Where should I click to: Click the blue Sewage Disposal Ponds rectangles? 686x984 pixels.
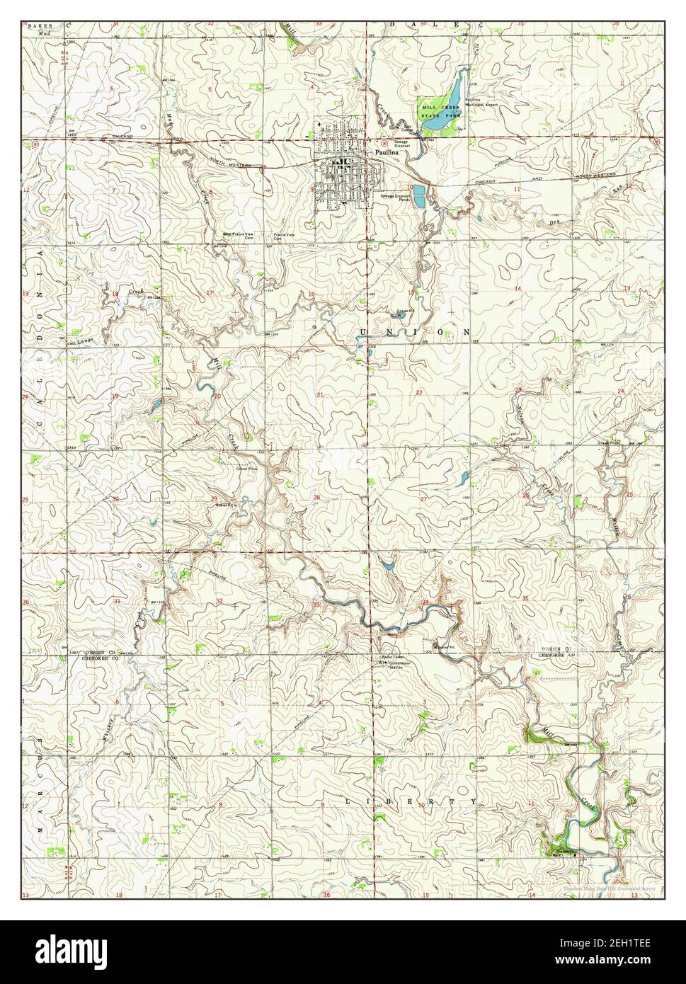point(420,195)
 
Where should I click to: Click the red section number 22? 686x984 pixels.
point(419,392)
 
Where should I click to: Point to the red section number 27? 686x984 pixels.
point(423,499)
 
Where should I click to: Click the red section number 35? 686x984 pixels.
point(525,599)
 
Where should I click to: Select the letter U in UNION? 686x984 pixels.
point(363,331)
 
